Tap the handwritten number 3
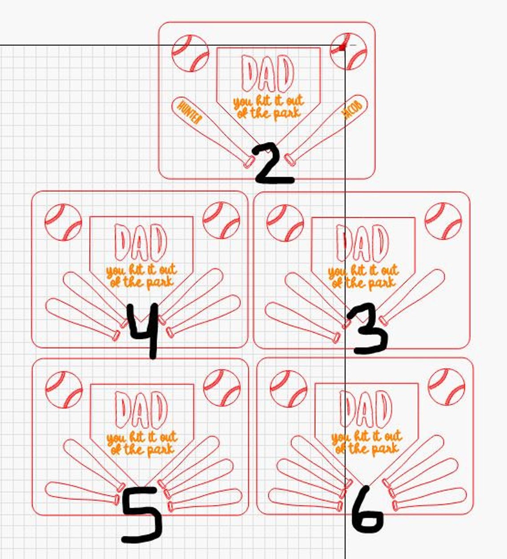pyautogui.click(x=368, y=328)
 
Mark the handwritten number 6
pyautogui.click(x=367, y=511)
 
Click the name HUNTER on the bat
pyautogui.click(x=189, y=113)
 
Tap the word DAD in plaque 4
pyautogui.click(x=141, y=243)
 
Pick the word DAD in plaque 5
pyautogui.click(x=141, y=410)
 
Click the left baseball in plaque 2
pyautogui.click(x=190, y=53)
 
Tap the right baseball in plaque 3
pyautogui.click(x=443, y=221)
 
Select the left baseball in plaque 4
pyautogui.click(x=63, y=222)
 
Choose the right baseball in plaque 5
pyautogui.click(x=222, y=388)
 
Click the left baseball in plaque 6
pyautogui.click(x=289, y=389)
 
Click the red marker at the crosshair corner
pyautogui.click(x=342, y=48)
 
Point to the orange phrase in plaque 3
pyautogui.click(x=363, y=277)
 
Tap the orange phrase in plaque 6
pyautogui.click(x=366, y=444)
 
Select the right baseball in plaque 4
pyautogui.click(x=221, y=221)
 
